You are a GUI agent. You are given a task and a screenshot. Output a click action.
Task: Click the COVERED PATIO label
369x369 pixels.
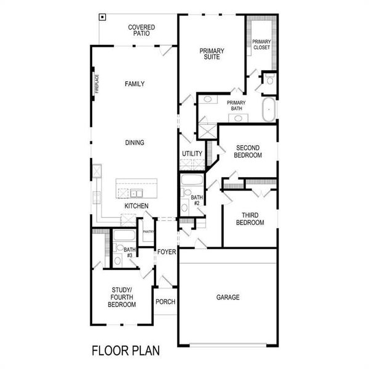tap(141, 31)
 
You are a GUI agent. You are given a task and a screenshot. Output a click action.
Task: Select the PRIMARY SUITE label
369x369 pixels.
tap(211, 54)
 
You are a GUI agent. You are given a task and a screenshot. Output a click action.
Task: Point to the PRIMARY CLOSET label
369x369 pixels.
tap(261, 44)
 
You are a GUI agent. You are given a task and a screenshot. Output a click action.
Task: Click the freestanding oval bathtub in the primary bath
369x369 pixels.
tap(269, 109)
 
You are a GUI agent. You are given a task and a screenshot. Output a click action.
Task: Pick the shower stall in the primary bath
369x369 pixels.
tap(208, 132)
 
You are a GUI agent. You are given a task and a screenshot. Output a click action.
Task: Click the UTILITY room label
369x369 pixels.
tap(192, 154)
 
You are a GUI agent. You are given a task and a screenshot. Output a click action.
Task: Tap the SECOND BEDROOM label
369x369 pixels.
tap(248, 152)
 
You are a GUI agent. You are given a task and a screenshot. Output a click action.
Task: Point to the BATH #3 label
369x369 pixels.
tap(129, 252)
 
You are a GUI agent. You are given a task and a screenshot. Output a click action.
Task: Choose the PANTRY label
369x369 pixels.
tap(148, 231)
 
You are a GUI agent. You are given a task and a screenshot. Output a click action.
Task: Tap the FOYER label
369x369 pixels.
tap(166, 252)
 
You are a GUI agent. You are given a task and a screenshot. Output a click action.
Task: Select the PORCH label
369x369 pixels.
tap(165, 302)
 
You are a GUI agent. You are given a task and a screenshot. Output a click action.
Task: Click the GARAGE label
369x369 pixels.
tap(228, 298)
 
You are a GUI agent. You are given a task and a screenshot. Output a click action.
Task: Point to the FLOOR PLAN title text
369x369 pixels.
tap(126, 351)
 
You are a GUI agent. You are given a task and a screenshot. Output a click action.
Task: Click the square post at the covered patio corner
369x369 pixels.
tap(102, 17)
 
